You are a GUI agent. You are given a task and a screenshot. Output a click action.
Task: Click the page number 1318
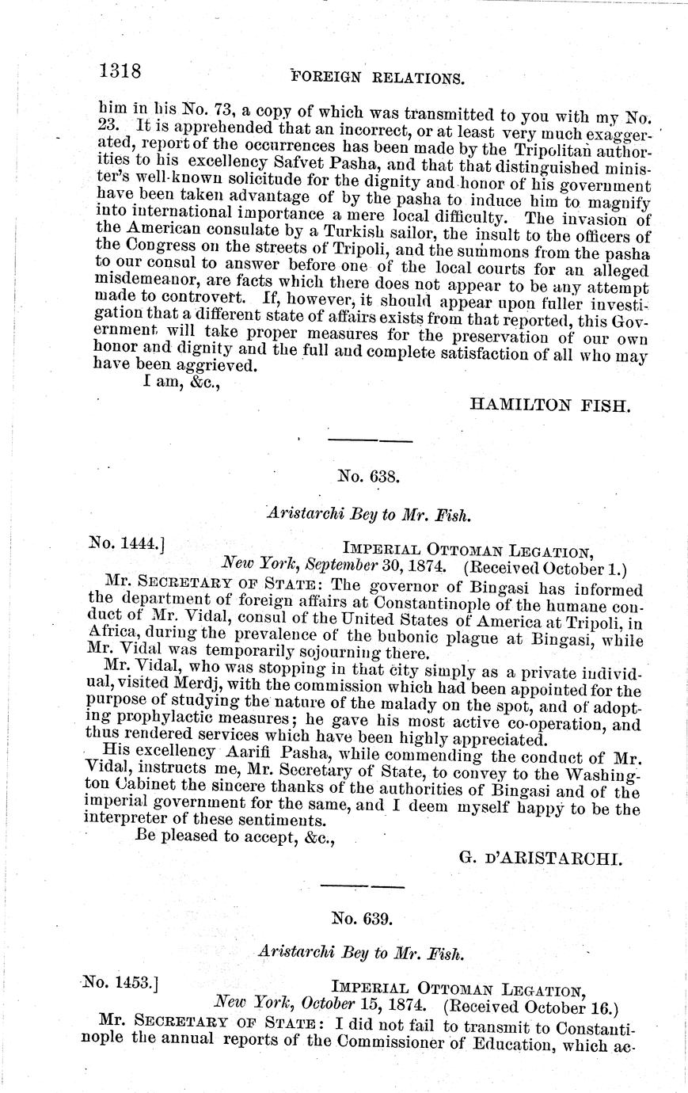120,71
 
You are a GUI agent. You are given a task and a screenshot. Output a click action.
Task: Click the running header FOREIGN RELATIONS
377,78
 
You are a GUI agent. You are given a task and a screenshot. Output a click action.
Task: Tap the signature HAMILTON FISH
550,406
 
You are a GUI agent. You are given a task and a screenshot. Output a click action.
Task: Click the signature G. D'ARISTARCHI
541,857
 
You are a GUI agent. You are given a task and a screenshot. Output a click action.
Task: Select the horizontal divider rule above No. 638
369,440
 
